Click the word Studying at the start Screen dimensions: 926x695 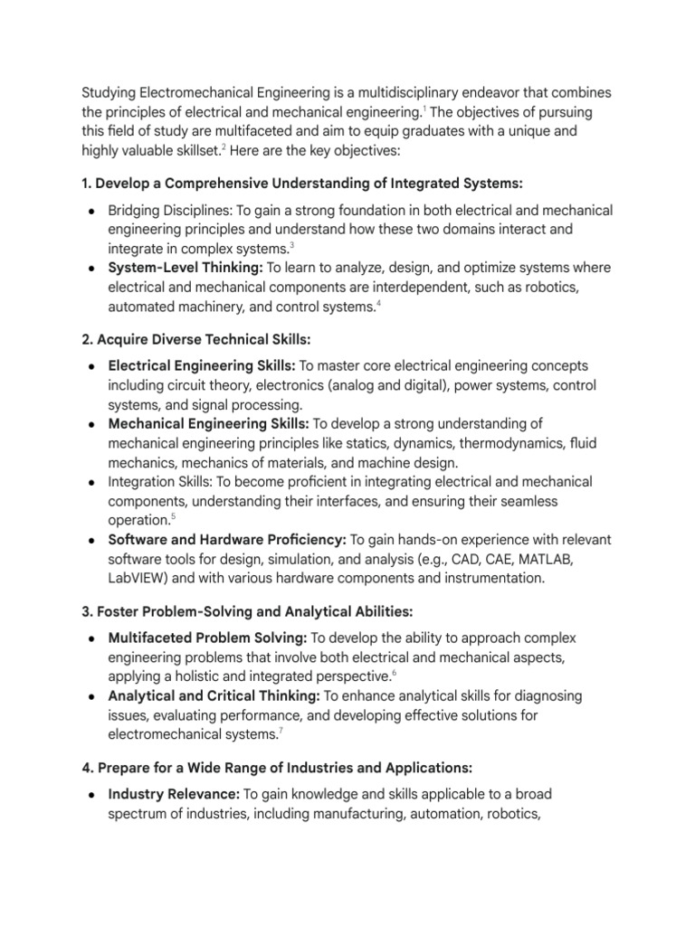point(111,93)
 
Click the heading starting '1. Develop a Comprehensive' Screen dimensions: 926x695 point(302,184)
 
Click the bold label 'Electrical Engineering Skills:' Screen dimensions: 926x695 point(200,365)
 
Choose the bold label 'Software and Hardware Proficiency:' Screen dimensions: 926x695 point(227,540)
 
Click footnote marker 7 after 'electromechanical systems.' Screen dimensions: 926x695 point(280,731)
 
